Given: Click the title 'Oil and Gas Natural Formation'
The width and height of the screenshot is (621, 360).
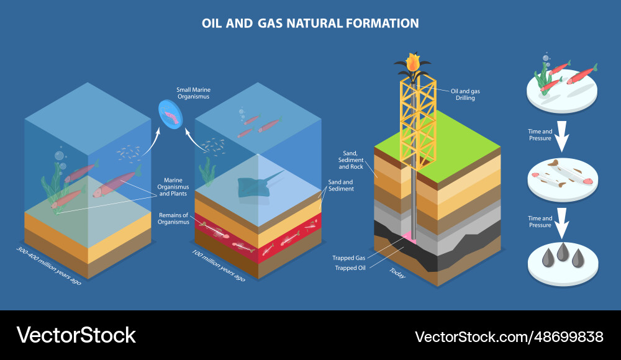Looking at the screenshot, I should pos(310,24).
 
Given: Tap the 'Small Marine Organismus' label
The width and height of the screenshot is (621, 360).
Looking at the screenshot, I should pos(193,93).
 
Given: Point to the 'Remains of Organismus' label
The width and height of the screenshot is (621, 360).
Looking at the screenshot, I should pos(173,218).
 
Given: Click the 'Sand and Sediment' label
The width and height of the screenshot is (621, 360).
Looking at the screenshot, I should pos(341,185).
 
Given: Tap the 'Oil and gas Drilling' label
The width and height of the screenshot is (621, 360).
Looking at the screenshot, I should pos(465,94).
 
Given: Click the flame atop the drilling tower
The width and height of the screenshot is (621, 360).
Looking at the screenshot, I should pos(412,62).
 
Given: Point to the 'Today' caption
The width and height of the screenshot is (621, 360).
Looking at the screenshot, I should pos(397,272).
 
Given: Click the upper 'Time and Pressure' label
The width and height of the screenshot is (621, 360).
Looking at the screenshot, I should pos(540,135).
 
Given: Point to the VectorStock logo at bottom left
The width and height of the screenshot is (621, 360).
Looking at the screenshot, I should pos(76,335).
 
